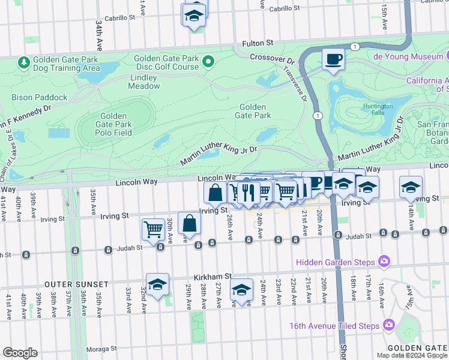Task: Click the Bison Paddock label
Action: tap(39, 97)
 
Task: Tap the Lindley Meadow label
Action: tap(143, 82)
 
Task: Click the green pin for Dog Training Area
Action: tap(24, 62)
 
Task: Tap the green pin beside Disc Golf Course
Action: tap(208, 62)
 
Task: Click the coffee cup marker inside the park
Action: tap(333, 59)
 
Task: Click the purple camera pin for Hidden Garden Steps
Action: tap(384, 262)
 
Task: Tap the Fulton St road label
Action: tap(258, 43)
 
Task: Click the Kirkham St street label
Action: tap(208, 276)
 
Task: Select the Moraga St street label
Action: tap(101, 349)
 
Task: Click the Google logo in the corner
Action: tap(20, 353)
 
